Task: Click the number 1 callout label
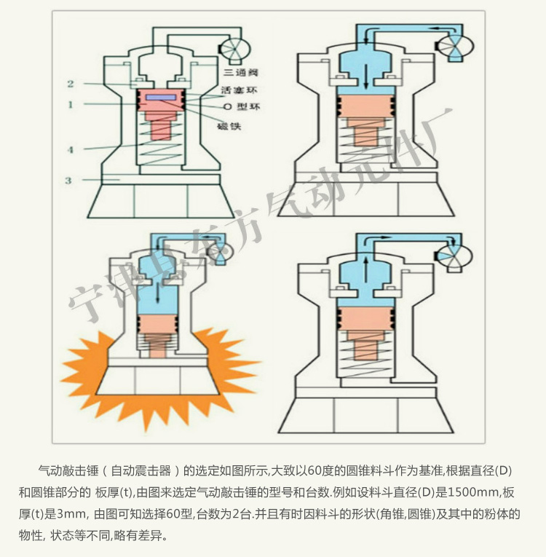(71, 105)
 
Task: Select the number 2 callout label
(71, 83)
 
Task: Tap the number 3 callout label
(68, 180)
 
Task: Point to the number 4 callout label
(71, 150)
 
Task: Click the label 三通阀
(240, 73)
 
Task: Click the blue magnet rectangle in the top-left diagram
(160, 97)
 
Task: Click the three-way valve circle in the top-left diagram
(233, 49)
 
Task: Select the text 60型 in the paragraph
(181, 513)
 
